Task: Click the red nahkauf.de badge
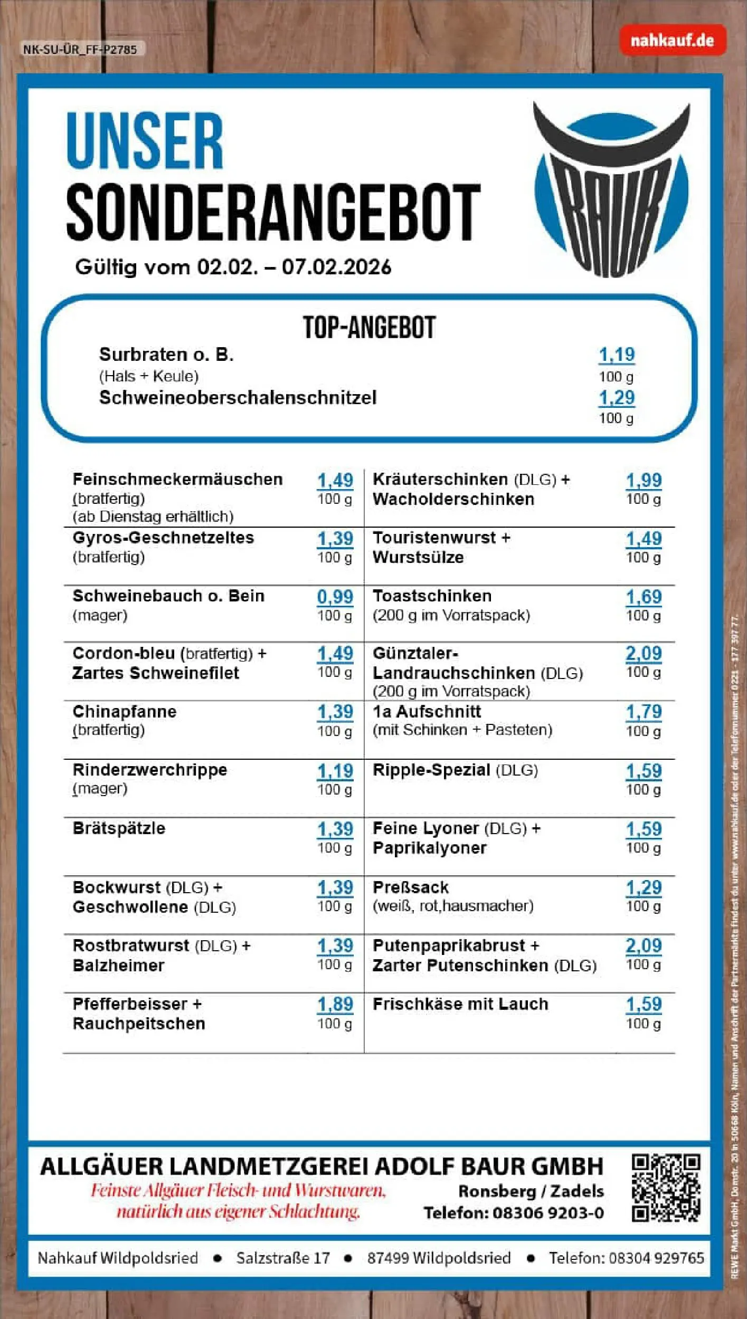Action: point(672,40)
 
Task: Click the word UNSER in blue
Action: point(145,141)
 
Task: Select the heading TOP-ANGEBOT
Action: point(369,328)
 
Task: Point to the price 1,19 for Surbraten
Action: point(616,355)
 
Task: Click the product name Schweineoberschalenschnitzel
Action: point(238,398)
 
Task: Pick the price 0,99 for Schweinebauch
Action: point(335,597)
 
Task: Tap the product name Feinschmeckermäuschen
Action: point(177,480)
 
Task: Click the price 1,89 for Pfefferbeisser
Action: point(335,1004)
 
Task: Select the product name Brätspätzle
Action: point(119,828)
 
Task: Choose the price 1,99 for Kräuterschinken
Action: point(643,480)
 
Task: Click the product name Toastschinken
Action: point(432,596)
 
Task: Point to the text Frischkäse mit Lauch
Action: point(460,1004)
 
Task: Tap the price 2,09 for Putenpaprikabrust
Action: point(643,945)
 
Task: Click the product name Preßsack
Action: point(411,887)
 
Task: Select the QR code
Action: point(666,1188)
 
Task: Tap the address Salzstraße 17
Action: point(283,1258)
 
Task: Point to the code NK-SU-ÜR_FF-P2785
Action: point(80,50)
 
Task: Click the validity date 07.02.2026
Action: point(336,267)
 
